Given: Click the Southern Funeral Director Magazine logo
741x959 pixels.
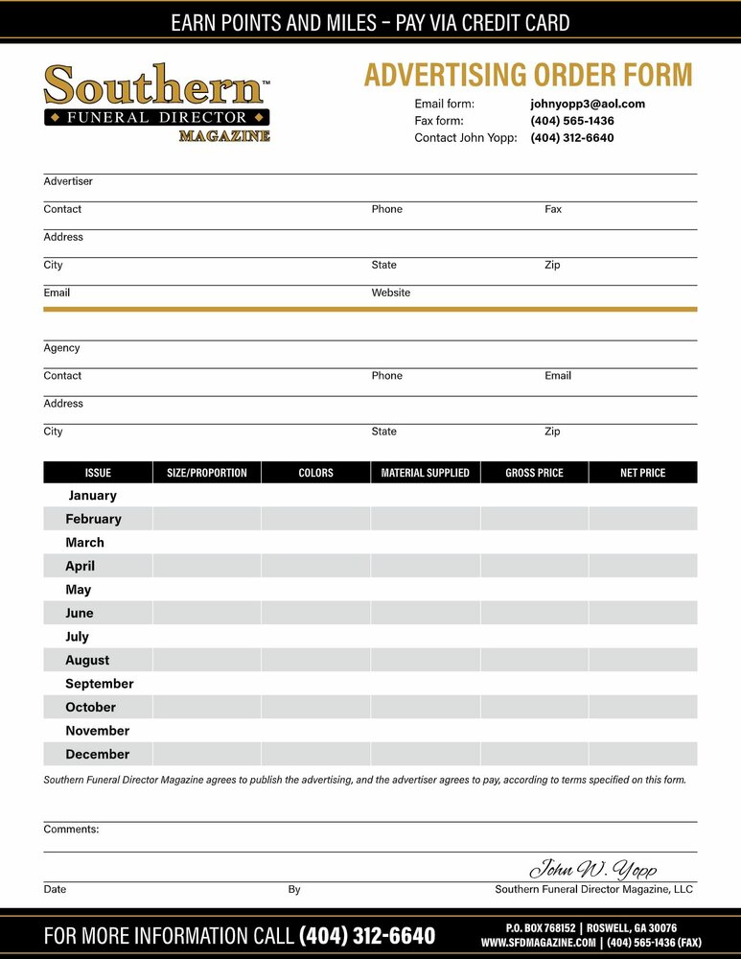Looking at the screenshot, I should (157, 103).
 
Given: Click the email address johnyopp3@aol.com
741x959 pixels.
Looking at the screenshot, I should (588, 104).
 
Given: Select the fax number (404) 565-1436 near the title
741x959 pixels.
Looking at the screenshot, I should (572, 121).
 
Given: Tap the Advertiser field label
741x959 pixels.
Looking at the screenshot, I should (68, 181).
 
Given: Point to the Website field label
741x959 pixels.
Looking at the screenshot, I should (391, 292).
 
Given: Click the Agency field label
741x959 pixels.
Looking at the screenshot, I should (61, 348).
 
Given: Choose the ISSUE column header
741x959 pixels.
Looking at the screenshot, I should (98, 473).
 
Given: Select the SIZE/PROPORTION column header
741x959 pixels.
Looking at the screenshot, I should (207, 473).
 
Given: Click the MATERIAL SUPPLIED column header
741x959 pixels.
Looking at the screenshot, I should (426, 473).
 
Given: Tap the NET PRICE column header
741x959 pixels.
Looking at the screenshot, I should (642, 473).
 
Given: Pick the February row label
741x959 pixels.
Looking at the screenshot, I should (93, 519).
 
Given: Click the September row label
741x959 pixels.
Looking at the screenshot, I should (100, 684).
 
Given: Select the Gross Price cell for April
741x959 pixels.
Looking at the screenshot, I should (534, 566).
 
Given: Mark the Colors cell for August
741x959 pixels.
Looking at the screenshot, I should (315, 660).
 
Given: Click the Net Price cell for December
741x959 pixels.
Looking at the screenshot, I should (642, 754).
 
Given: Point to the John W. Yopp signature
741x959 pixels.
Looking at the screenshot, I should (593, 869).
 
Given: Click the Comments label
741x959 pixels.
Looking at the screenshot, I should (71, 829).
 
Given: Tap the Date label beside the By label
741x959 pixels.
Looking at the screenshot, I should (55, 890).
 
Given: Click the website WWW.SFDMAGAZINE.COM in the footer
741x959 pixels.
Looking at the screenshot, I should (538, 943).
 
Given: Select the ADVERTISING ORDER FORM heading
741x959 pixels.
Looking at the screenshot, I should (527, 75).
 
